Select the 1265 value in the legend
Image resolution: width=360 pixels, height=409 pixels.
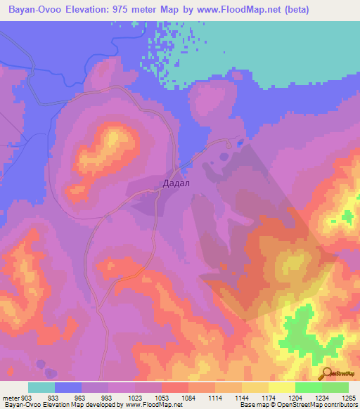coord(348,397)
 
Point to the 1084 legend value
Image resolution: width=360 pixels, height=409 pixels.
coord(188,397)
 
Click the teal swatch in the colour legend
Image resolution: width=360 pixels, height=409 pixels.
coord(41,387)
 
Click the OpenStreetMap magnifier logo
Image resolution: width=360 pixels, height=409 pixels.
coord(326,373)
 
